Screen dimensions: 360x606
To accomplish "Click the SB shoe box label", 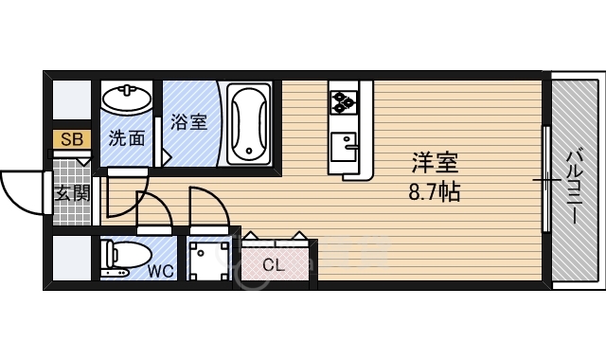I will [x=72, y=139].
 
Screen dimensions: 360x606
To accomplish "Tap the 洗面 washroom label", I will [x=127, y=138].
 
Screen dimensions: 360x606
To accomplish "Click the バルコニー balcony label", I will [x=575, y=186].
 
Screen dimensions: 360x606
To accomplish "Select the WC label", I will [x=160, y=270].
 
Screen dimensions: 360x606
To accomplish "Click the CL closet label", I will [x=273, y=265].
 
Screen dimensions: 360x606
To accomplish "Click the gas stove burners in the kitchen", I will [x=343, y=99].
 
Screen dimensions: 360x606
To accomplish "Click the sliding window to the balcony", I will [x=546, y=179].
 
